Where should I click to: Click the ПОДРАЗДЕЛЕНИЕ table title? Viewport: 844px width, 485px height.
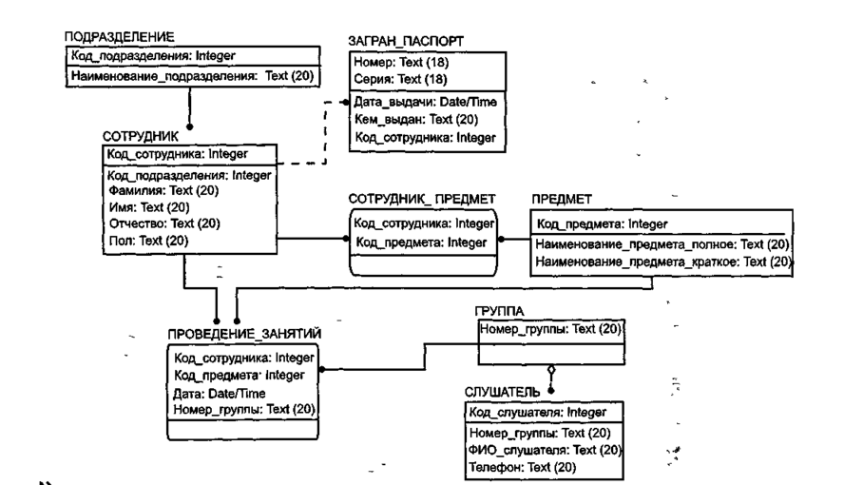(x=119, y=38)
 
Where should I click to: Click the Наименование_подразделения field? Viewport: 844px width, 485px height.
(x=196, y=75)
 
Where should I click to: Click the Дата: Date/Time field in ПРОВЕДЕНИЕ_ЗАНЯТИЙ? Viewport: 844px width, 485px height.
(x=219, y=393)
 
